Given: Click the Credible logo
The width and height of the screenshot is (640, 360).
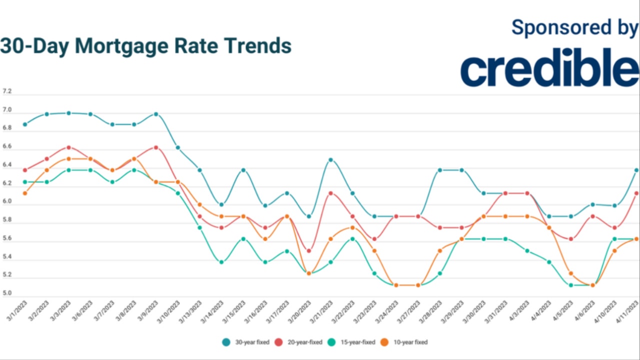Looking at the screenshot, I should tap(549, 69).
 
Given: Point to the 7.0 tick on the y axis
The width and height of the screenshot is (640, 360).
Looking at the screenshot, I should tap(7, 110).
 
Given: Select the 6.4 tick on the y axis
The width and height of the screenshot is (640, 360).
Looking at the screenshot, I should tap(7, 165).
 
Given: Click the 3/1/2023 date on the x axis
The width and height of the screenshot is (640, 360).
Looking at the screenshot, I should tap(17, 311).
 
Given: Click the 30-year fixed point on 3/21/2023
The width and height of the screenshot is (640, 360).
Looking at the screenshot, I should tap(330, 160).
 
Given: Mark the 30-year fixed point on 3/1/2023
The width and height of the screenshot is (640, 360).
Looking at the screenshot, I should tap(25, 124).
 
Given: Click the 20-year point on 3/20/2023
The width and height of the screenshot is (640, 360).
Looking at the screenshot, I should tap(308, 251).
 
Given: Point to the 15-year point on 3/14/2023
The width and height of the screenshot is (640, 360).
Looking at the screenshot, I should tap(221, 262).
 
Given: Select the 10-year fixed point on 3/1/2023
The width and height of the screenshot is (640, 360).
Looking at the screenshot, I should tap(25, 193).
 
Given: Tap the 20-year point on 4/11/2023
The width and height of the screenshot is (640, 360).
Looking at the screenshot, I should tap(636, 193).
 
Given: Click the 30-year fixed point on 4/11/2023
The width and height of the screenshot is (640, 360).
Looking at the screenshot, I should tap(636, 170).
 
